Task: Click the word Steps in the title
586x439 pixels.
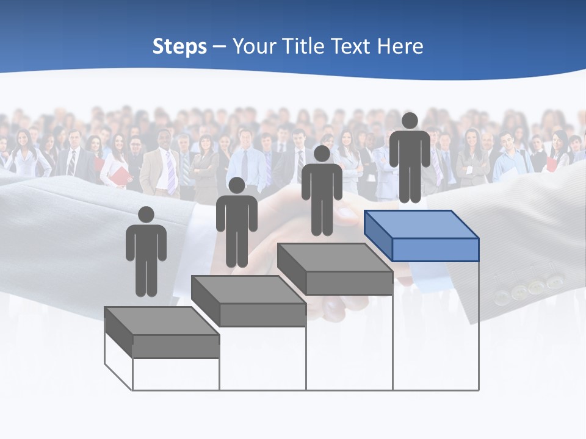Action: pyautogui.click(x=179, y=47)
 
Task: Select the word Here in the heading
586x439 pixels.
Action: pyautogui.click(x=400, y=46)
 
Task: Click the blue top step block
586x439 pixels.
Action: pyautogui.click(x=421, y=235)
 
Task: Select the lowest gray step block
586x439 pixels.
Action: pyautogui.click(x=162, y=332)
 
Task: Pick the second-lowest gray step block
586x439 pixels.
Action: pyautogui.click(x=248, y=300)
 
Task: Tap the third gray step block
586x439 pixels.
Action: pyautogui.click(x=335, y=268)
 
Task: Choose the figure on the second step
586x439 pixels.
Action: pyautogui.click(x=236, y=223)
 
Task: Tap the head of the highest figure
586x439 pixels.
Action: pyautogui.click(x=410, y=121)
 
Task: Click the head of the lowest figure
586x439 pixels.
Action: pyautogui.click(x=146, y=215)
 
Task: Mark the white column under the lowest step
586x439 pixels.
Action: pyautogui.click(x=176, y=374)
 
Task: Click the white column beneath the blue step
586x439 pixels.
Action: pyautogui.click(x=436, y=326)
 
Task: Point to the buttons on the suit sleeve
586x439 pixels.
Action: pyautogui.click(x=529, y=289)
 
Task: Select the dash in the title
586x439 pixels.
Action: pyautogui.click(x=220, y=47)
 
